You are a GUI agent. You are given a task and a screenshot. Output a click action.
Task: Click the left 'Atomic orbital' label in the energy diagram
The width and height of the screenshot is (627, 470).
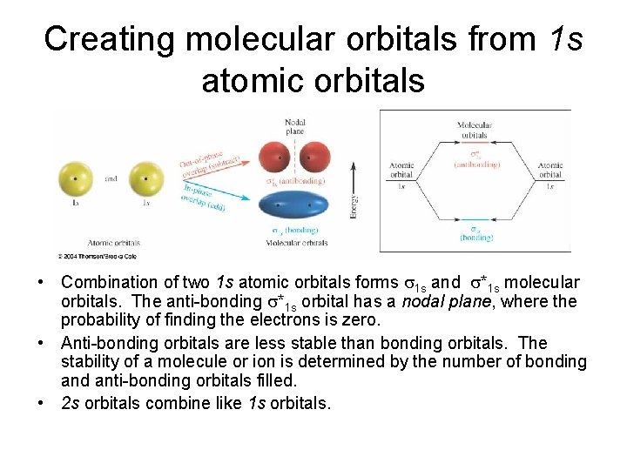tap(401, 169)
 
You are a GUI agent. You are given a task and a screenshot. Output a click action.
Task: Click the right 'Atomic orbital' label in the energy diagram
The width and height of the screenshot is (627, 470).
tap(549, 169)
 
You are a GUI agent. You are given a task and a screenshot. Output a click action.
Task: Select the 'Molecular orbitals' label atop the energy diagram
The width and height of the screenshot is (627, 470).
tap(475, 130)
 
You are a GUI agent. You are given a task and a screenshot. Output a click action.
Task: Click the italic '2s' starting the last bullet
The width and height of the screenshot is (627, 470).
tap(69, 402)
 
